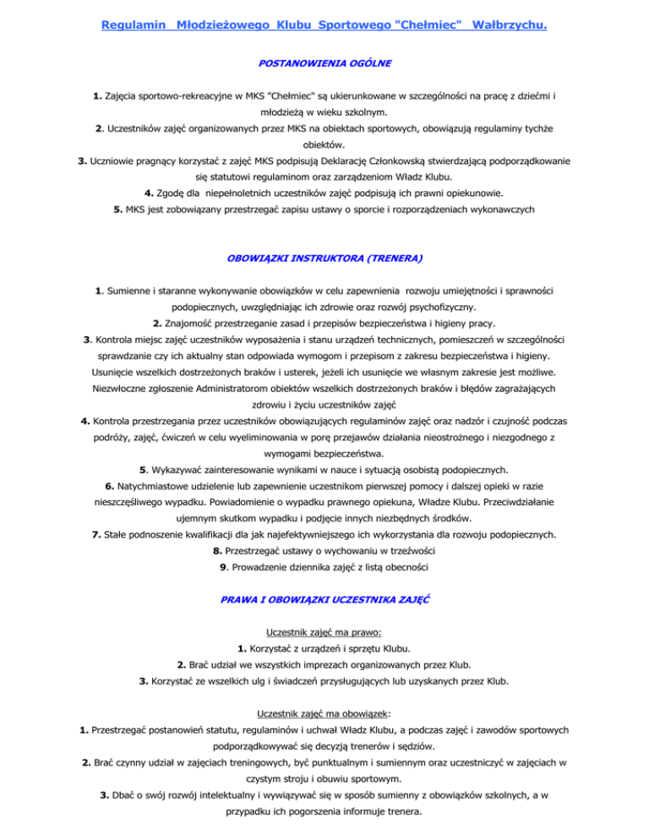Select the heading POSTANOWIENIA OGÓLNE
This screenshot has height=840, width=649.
point(324,63)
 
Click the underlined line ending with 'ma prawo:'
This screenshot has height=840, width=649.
point(324,631)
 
